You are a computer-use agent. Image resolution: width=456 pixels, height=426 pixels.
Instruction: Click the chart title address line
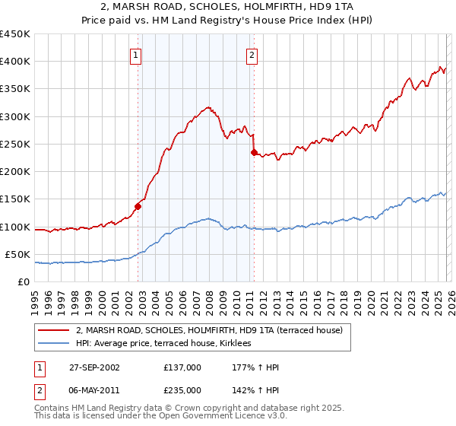point(228,7)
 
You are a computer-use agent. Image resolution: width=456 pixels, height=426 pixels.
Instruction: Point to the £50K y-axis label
point(17,254)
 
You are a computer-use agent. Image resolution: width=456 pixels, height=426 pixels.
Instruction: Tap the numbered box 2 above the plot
point(251,55)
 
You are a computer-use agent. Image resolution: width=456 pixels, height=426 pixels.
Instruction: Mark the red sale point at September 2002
point(138,205)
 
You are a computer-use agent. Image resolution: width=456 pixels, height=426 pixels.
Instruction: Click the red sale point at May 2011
point(254,152)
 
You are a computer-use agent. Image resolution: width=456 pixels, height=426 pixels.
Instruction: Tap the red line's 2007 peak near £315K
point(207,108)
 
